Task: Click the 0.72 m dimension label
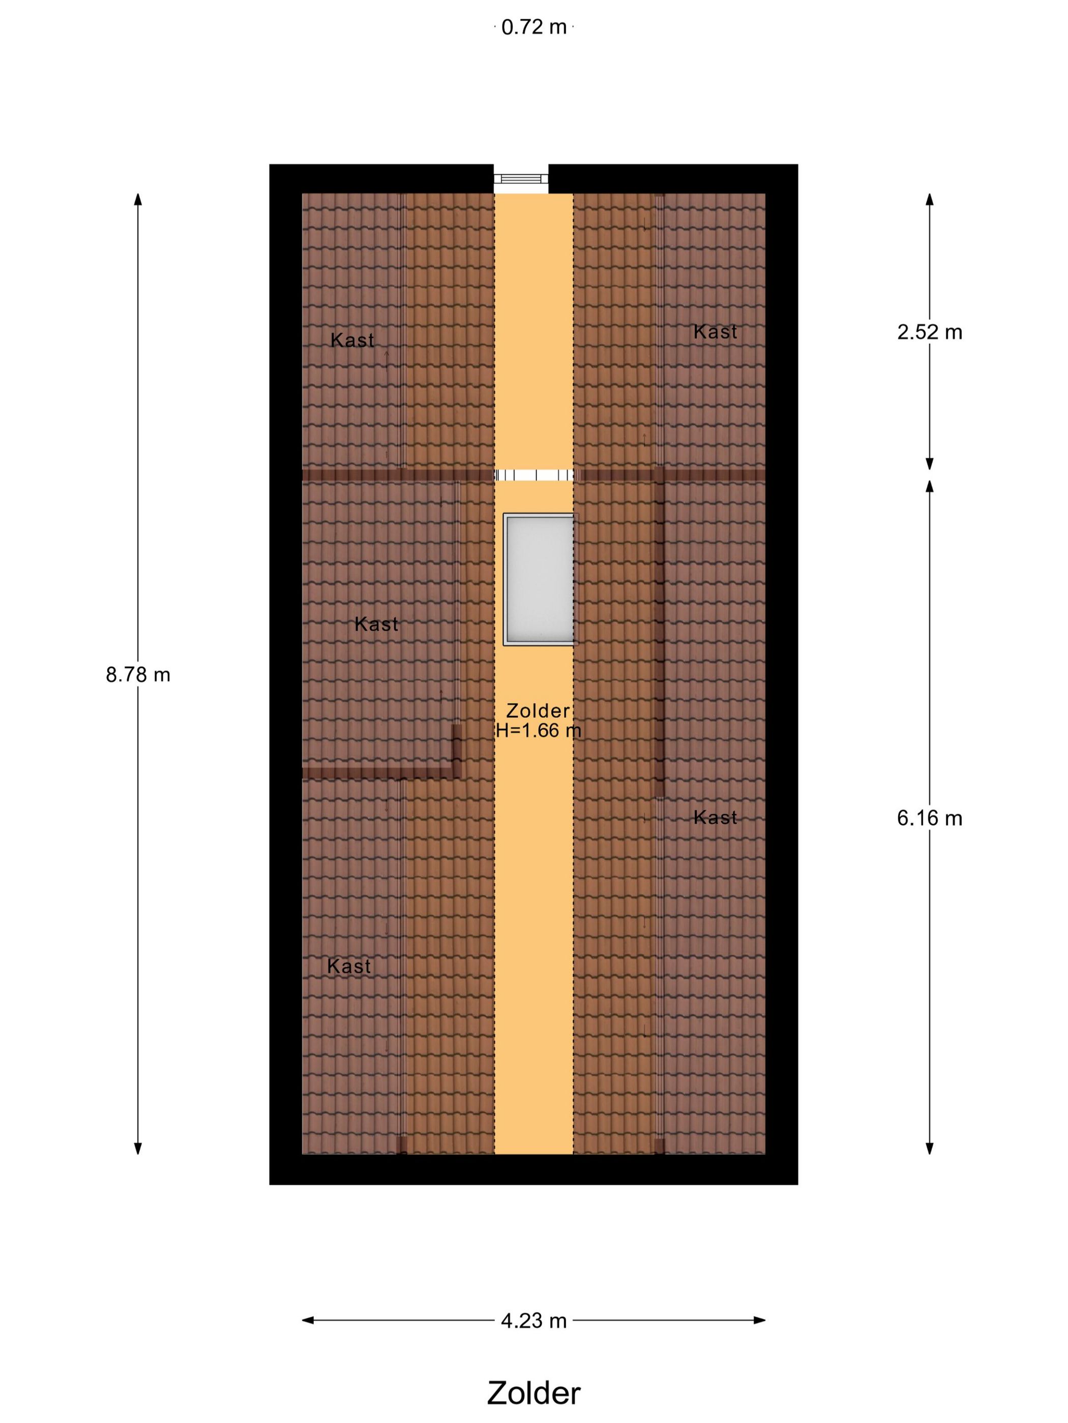pyautogui.click(x=533, y=27)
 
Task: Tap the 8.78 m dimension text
pyautogui.click(x=138, y=675)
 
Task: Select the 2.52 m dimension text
pyautogui.click(x=930, y=332)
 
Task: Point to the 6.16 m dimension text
pyautogui.click(x=930, y=818)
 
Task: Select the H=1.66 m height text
pyautogui.click(x=538, y=731)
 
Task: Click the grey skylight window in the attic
pyautogui.click(x=538, y=579)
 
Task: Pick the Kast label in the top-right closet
pyautogui.click(x=715, y=332)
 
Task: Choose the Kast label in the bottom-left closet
pyautogui.click(x=349, y=966)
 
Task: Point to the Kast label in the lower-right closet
pyautogui.click(x=715, y=818)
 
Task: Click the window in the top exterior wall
pyautogui.click(x=521, y=179)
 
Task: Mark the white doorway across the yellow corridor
pyautogui.click(x=533, y=475)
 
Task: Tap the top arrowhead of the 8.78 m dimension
pyautogui.click(x=138, y=199)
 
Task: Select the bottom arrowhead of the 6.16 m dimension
pyautogui.click(x=930, y=1148)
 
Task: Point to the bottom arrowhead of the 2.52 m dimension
pyautogui.click(x=930, y=464)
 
